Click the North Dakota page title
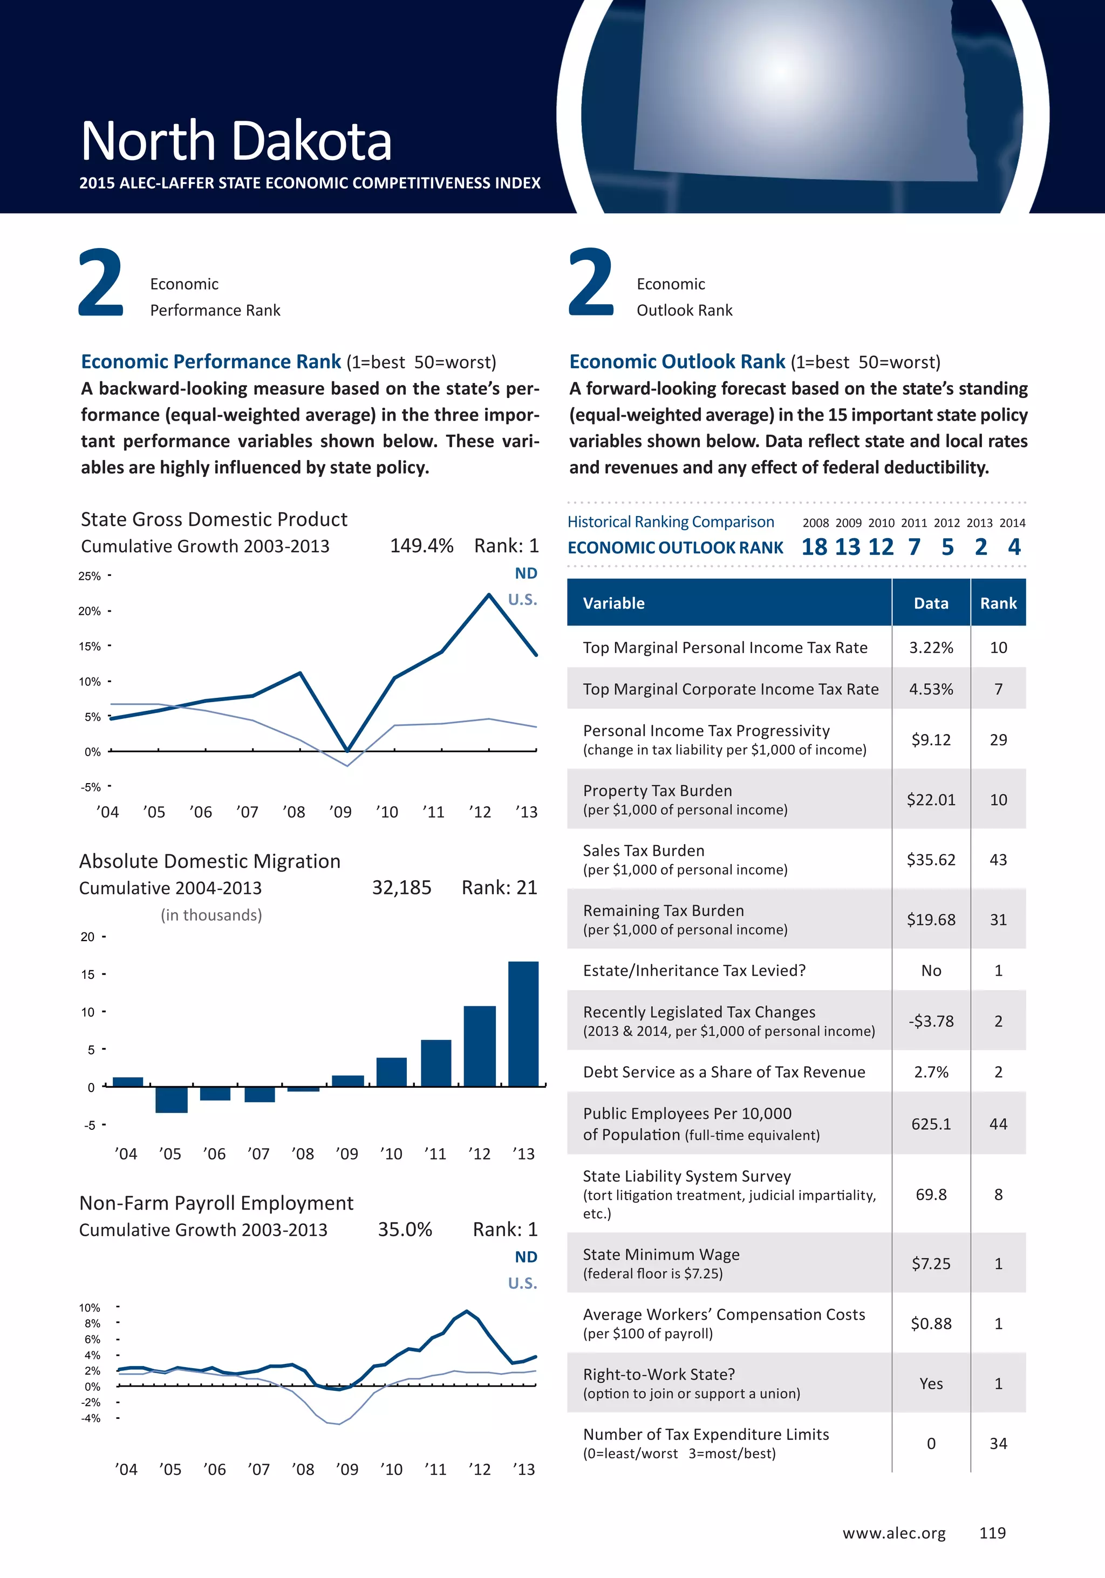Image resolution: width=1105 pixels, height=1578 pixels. [x=236, y=141]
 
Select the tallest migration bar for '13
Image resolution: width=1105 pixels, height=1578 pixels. [x=523, y=1024]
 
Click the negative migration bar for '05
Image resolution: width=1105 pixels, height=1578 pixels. [x=171, y=1099]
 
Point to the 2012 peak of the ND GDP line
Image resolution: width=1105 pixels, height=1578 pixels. [x=489, y=595]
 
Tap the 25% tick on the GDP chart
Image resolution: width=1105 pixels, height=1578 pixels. [x=90, y=576]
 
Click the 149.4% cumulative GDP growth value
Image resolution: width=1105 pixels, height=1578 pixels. [x=421, y=546]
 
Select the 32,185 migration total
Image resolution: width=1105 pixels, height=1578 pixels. [x=401, y=888]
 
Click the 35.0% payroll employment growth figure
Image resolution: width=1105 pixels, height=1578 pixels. [x=405, y=1230]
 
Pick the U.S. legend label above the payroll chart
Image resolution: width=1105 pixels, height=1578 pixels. [x=523, y=1283]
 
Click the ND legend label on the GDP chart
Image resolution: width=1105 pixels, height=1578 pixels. [x=526, y=573]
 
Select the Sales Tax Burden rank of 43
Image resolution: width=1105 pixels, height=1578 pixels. [x=998, y=860]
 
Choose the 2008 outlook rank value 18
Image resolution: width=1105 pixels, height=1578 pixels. [x=814, y=547]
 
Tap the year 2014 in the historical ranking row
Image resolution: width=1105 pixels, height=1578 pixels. [x=1012, y=523]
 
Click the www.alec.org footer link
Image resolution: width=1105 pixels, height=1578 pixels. [x=894, y=1533]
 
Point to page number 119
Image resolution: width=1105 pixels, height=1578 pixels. [x=992, y=1533]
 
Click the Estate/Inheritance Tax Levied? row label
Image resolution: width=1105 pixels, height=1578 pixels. [x=694, y=970]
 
